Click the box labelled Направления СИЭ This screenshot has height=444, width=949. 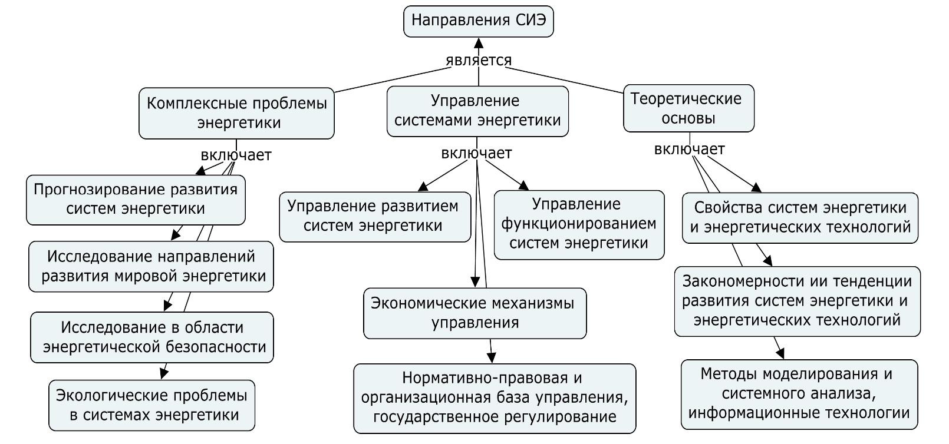pyautogui.click(x=479, y=21)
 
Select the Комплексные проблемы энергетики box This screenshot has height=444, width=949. pyautogui.click(x=236, y=113)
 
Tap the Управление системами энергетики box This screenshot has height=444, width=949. pyautogui.click(x=477, y=111)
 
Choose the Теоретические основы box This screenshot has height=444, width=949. pyautogui.click(x=688, y=109)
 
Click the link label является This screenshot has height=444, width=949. pyautogui.click(x=479, y=60)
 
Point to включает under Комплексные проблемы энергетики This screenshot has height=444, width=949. pyautogui.click(x=236, y=155)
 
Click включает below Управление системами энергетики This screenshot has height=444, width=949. pyautogui.click(x=476, y=153)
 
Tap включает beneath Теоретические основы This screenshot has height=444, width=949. pyautogui.click(x=689, y=150)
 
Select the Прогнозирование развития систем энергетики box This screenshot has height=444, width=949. pyautogui.click(x=136, y=200)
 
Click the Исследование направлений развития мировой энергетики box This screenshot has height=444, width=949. pyautogui.click(x=151, y=266)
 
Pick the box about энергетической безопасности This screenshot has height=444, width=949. pyautogui.click(x=152, y=337)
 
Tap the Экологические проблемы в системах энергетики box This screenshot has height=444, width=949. pyautogui.click(x=152, y=405)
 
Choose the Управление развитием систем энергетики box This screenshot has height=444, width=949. pyautogui.click(x=375, y=216)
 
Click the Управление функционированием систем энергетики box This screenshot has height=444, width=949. pyautogui.click(x=579, y=224)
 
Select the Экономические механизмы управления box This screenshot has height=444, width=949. pyautogui.click(x=474, y=313)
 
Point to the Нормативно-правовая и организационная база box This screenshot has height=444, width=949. pyautogui.click(x=495, y=398)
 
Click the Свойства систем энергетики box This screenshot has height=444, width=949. pyautogui.click(x=800, y=217)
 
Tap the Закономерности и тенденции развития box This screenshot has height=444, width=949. pyautogui.click(x=797, y=301)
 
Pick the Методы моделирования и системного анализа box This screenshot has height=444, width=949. pyautogui.click(x=799, y=393)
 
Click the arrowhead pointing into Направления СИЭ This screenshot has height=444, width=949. pyautogui.click(x=479, y=42)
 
